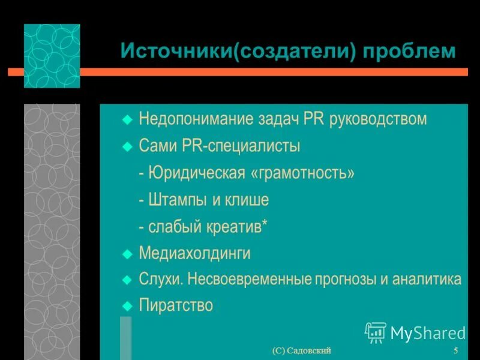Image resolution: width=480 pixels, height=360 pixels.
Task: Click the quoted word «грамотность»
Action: point(303,173)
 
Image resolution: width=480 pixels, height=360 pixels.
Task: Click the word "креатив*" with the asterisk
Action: point(238,227)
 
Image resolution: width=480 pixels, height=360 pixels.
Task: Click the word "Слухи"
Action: point(160,280)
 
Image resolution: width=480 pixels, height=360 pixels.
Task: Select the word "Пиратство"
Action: point(176,305)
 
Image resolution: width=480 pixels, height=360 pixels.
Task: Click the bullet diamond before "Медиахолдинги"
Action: point(127,254)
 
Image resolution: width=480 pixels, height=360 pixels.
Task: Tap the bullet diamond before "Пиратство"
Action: point(127,306)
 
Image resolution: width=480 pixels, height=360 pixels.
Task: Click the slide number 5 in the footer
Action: point(456,351)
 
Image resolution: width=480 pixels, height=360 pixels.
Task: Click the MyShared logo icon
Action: point(376,332)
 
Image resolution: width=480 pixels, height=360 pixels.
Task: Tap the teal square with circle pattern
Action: point(52,56)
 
